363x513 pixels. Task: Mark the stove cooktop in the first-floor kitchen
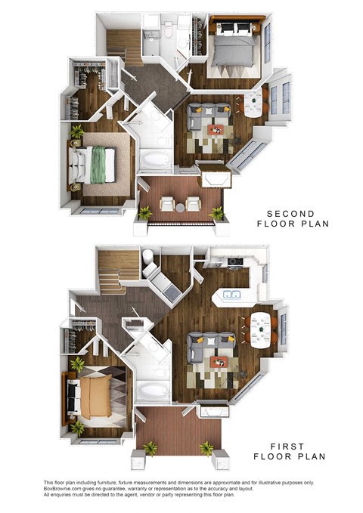coord(235,263)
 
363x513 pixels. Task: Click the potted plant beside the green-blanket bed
coord(77,132)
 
